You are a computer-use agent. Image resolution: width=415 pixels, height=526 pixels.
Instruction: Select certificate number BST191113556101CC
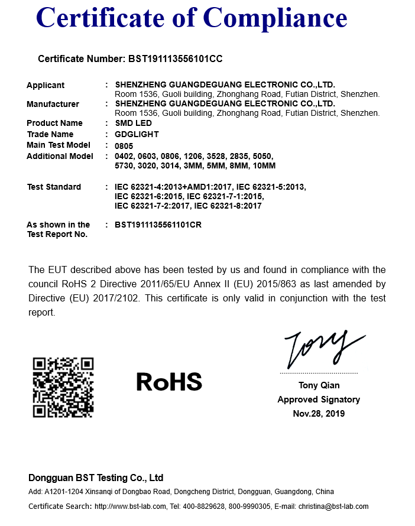(x=175, y=59)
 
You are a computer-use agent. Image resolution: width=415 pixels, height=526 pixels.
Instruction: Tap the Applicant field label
(x=46, y=85)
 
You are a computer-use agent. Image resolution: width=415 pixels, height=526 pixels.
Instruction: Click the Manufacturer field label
(x=53, y=104)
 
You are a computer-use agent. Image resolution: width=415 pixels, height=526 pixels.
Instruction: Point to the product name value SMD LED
(x=133, y=123)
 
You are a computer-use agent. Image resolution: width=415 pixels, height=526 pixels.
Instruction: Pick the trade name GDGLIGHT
(x=137, y=134)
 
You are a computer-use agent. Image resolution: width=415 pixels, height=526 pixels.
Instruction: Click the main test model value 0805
(x=124, y=145)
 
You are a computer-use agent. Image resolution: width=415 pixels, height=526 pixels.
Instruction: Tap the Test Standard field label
(x=54, y=187)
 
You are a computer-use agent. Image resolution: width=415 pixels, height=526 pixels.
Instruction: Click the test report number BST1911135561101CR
(x=158, y=225)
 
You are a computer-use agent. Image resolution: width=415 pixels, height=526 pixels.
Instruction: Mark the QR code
(x=63, y=388)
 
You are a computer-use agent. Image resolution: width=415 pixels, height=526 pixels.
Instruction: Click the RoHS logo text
(x=169, y=382)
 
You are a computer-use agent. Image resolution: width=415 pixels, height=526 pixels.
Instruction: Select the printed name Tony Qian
(x=319, y=385)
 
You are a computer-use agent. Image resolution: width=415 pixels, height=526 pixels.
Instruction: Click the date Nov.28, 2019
(x=319, y=414)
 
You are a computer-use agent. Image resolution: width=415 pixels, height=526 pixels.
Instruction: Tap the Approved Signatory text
(x=319, y=400)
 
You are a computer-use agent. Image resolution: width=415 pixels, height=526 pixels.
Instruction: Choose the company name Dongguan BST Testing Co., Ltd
(x=96, y=478)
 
